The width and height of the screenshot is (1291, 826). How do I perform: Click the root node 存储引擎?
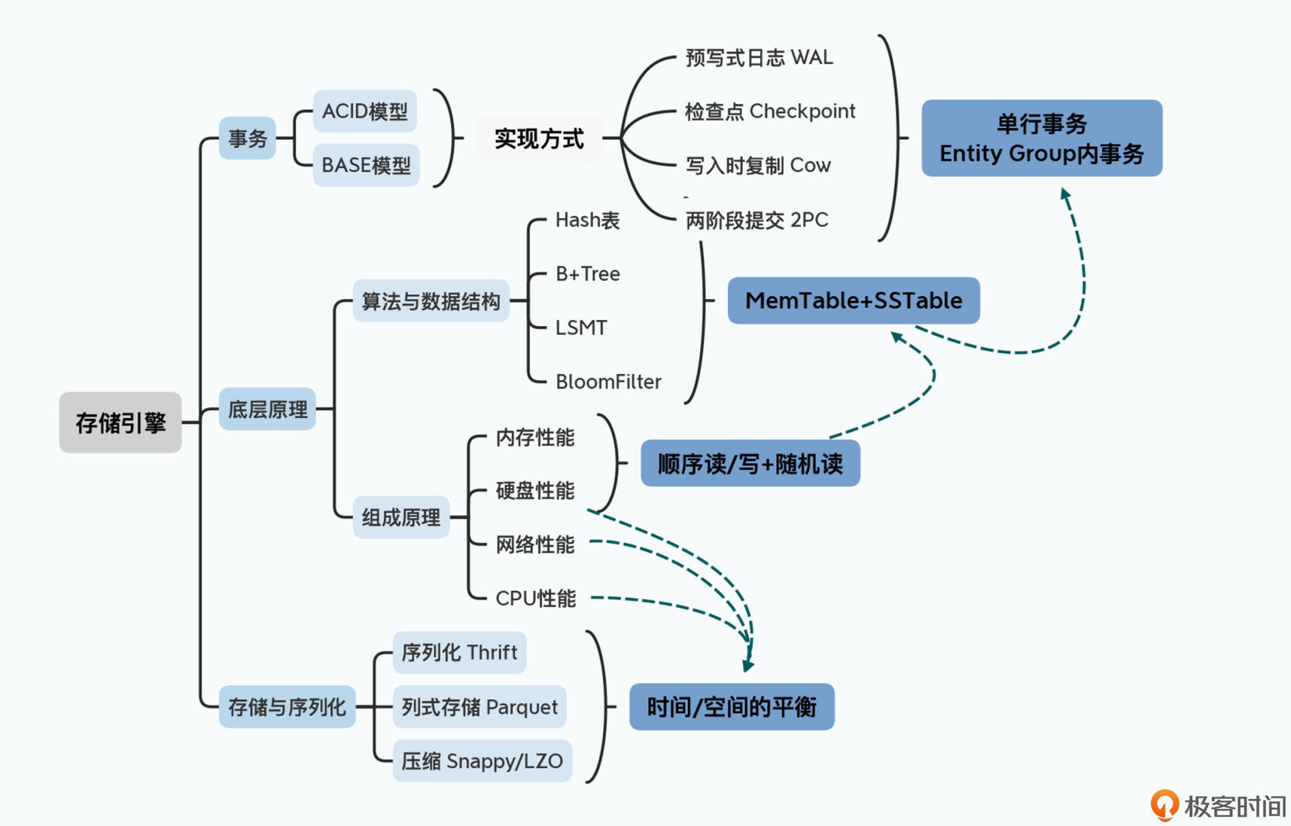(x=120, y=423)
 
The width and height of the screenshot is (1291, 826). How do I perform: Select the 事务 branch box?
(x=247, y=138)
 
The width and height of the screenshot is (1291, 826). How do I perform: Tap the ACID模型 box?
(x=365, y=111)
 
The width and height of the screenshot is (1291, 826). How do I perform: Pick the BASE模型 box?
(x=366, y=165)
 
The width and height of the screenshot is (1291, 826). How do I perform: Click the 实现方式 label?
(x=539, y=138)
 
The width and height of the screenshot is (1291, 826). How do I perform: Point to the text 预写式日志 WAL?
(x=759, y=58)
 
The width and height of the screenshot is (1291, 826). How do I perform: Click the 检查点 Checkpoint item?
(x=770, y=112)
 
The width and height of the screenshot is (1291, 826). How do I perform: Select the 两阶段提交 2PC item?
(x=756, y=220)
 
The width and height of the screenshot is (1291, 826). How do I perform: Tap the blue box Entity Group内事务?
(x=1042, y=138)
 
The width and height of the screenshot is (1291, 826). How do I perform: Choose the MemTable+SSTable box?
(x=854, y=300)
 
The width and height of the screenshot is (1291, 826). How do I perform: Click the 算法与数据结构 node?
(x=431, y=301)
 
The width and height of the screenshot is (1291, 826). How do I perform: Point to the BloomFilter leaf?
(x=609, y=382)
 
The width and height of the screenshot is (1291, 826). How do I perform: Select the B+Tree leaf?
(x=588, y=274)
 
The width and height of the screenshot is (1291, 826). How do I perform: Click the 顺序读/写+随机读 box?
(x=750, y=464)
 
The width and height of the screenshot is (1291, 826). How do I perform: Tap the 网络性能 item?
(x=535, y=544)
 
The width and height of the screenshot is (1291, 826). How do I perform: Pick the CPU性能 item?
(x=536, y=598)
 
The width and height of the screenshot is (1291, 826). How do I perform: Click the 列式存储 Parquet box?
(x=479, y=707)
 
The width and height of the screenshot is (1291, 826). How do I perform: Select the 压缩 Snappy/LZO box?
(x=482, y=761)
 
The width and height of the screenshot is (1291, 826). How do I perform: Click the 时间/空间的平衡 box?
(x=732, y=707)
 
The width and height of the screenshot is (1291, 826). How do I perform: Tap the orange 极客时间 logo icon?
(x=1165, y=804)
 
